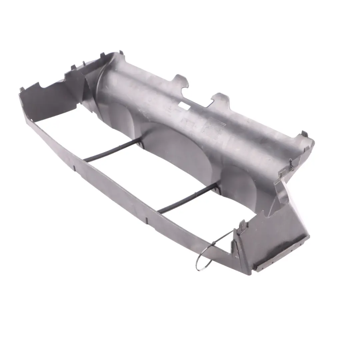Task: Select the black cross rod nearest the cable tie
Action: (x=187, y=200)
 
